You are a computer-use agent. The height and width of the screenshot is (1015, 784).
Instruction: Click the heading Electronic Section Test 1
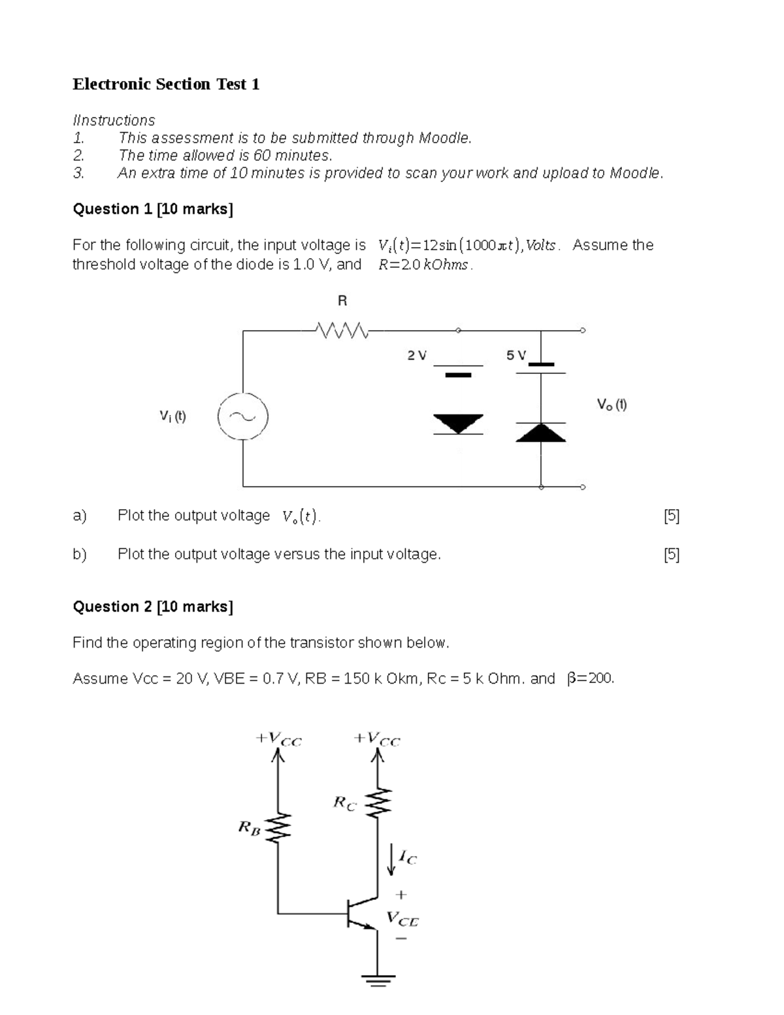tap(166, 84)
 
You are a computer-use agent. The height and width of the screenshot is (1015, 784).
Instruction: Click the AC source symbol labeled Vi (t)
tap(243, 417)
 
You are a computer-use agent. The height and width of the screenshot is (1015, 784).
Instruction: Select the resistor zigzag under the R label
tap(342, 331)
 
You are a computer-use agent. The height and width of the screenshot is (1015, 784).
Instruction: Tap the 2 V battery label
tap(417, 356)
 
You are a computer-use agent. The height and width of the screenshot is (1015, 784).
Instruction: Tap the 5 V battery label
tap(516, 356)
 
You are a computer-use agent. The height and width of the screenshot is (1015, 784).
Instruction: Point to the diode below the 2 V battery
tap(459, 424)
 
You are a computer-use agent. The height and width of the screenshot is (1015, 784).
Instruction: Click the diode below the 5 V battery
tap(541, 432)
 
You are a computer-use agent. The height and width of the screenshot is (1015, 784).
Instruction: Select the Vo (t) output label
tap(612, 405)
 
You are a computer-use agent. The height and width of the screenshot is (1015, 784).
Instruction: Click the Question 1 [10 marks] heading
tap(153, 209)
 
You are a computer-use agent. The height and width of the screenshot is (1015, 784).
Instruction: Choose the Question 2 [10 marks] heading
tap(153, 607)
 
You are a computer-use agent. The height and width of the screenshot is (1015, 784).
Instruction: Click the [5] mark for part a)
tap(672, 516)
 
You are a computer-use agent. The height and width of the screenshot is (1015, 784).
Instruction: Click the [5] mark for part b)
tap(672, 555)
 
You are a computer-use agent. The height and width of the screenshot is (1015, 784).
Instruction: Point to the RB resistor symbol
tap(278, 829)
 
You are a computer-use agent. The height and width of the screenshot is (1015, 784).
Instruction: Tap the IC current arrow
tap(392, 858)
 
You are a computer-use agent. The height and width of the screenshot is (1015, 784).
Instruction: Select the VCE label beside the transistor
tap(402, 919)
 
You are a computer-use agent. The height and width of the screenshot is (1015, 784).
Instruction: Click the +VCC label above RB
tap(279, 739)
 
